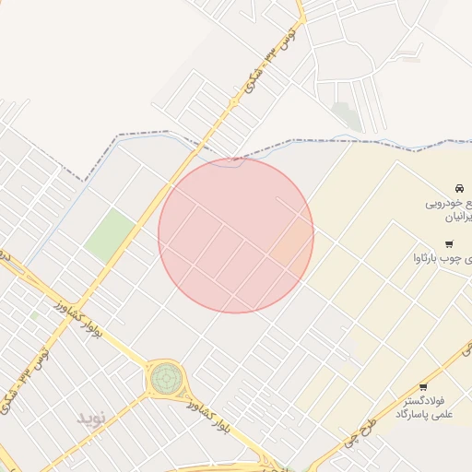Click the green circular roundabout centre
click(x=166, y=376)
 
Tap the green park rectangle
click(x=110, y=234)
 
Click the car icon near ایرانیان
click(x=459, y=188)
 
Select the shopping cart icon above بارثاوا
click(x=449, y=244)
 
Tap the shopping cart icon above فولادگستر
click(x=423, y=387)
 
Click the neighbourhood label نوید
click(x=92, y=418)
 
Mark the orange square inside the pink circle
click(x=292, y=242)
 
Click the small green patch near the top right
click(x=347, y=115)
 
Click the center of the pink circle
click(x=236, y=235)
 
